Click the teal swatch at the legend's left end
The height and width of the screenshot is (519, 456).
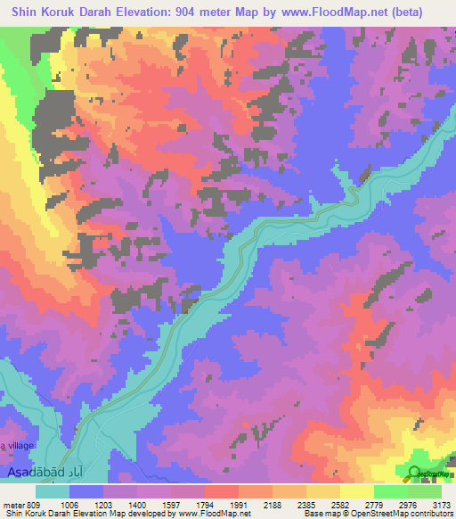(52, 491)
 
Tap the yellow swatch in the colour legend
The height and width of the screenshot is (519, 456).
(356, 491)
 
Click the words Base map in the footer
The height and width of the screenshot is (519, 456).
(321, 514)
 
